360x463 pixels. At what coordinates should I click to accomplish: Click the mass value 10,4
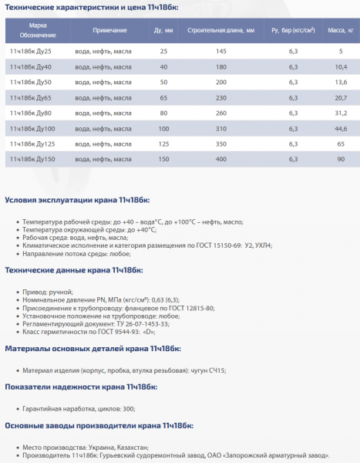coord(341,66)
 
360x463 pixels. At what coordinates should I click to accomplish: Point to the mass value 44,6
coord(341,127)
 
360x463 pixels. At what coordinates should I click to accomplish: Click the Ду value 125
coord(163,143)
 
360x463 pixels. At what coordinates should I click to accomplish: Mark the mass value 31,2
coord(341,113)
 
